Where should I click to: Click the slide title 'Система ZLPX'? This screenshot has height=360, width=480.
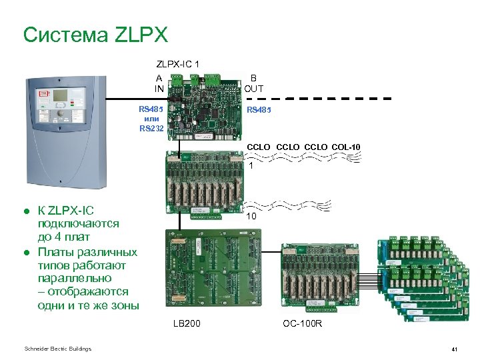click(95, 35)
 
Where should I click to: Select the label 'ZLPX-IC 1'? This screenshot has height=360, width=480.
click(177, 64)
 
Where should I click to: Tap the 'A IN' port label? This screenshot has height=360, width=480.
click(159, 83)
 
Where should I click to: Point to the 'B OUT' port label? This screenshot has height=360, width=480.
click(253, 83)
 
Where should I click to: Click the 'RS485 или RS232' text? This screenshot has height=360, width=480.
click(151, 118)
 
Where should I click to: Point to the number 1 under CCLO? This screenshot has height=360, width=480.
click(251, 165)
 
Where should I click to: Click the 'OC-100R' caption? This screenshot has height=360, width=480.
click(302, 324)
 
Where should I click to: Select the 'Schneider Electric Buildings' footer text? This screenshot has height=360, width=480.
click(57, 349)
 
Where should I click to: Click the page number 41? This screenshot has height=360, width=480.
click(453, 349)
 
